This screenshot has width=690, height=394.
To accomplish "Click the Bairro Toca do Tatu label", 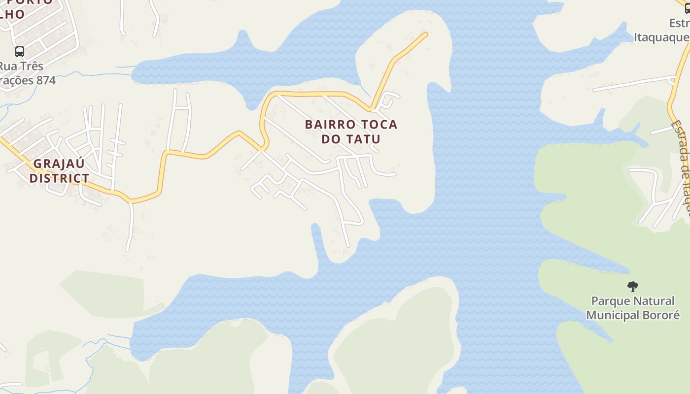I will click(351, 131).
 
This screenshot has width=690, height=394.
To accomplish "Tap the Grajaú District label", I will click(59, 170).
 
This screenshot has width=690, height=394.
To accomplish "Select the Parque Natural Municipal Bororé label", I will click(633, 308).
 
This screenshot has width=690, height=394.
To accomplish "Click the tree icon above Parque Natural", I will click(633, 286).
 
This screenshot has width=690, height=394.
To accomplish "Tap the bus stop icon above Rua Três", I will click(20, 52).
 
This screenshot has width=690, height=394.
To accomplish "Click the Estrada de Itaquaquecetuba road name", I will click(682, 167).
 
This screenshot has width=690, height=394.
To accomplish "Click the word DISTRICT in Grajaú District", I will click(59, 178).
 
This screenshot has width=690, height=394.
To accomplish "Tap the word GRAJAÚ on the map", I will click(59, 164).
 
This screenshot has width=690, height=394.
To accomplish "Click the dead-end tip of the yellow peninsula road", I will click(426, 34).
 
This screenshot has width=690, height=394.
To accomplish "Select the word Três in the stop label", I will click(33, 66).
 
